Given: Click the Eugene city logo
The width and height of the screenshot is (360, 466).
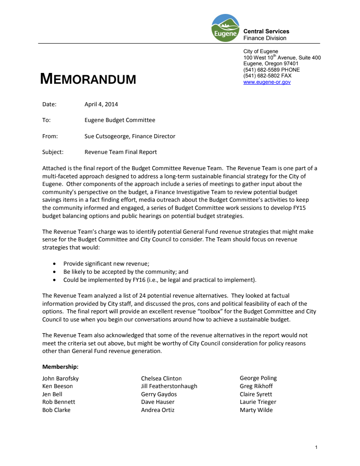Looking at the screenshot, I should pyautogui.click(x=225, y=28).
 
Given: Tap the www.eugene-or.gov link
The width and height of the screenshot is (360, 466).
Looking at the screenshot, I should pyautogui.click(x=267, y=82).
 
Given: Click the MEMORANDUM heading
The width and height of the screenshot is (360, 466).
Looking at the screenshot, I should pyautogui.click(x=88, y=79).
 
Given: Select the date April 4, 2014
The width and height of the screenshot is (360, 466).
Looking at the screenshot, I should pyautogui.click(x=101, y=104).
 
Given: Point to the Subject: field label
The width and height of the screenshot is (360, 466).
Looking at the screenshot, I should pyautogui.click(x=53, y=152).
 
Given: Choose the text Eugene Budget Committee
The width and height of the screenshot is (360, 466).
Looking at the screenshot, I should pyautogui.click(x=120, y=120).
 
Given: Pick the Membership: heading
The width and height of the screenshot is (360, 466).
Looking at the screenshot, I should pyautogui.click(x=60, y=367).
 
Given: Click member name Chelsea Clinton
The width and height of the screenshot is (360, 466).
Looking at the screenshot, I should pyautogui.click(x=162, y=379).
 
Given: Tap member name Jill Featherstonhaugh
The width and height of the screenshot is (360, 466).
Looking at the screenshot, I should pyautogui.click(x=169, y=386).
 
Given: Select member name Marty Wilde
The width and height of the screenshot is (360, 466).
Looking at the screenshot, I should pyautogui.click(x=256, y=410).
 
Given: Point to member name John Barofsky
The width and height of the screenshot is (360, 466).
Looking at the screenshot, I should pyautogui.click(x=60, y=379).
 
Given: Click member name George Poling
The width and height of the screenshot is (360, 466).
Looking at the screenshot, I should pyautogui.click(x=258, y=378).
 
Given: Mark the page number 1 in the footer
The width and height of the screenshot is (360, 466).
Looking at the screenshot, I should pyautogui.click(x=316, y=448).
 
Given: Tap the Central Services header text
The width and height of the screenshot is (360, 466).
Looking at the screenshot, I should pyautogui.click(x=266, y=32).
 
